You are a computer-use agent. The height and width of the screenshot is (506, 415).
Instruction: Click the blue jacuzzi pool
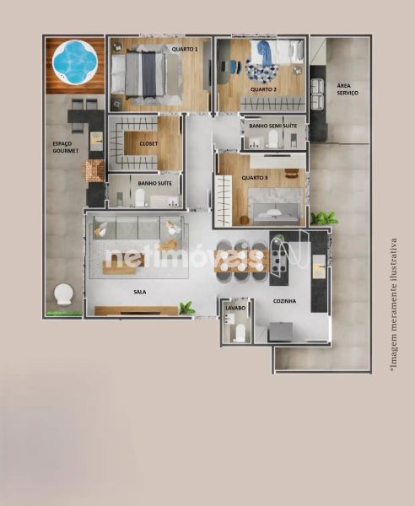click(75, 62)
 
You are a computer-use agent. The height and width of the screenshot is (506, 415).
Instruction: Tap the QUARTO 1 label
click(185, 49)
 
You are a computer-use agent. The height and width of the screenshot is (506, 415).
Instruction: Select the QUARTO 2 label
click(263, 89)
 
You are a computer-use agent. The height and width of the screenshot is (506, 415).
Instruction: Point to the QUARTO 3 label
click(255, 178)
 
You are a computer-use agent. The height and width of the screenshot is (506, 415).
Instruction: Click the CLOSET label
click(148, 143)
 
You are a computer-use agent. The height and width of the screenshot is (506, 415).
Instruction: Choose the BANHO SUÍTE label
click(154, 183)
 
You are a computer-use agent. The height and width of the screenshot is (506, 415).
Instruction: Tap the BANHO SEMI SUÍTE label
click(272, 126)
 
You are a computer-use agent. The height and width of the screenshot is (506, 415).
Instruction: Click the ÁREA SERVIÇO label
click(348, 89)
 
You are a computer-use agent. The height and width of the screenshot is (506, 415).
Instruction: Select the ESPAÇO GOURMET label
click(66, 147)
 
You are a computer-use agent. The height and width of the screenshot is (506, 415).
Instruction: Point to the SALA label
click(140, 292)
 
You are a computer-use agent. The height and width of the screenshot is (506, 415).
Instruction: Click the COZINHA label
click(284, 301)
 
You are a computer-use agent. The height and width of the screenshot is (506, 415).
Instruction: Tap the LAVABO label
click(235, 308)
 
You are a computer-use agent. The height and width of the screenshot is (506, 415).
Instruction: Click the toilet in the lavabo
click(240, 333)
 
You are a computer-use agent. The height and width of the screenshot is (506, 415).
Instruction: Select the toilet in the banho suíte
click(140, 197)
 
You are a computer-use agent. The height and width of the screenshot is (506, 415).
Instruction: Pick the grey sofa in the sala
click(139, 228)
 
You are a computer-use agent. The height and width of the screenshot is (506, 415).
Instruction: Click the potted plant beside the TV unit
click(187, 308)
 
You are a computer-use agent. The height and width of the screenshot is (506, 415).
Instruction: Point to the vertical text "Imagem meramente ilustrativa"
click(394, 304)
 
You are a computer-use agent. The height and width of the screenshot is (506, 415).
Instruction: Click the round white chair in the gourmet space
click(63, 294)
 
